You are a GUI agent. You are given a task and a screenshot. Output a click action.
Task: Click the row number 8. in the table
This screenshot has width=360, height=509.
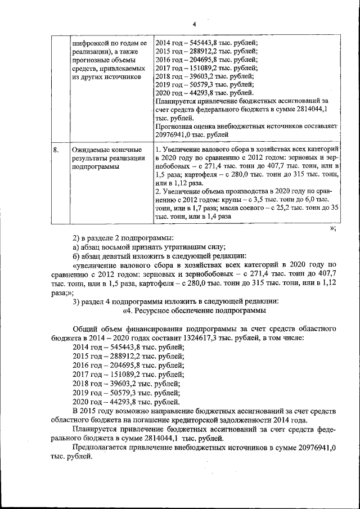click(56, 150)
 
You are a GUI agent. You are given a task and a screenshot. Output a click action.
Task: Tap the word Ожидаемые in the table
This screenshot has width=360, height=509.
click(91, 150)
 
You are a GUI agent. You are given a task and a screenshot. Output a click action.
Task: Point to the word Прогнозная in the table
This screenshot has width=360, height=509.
click(175, 127)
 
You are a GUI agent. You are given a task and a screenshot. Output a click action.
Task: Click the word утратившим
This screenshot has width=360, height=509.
click(188, 246)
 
